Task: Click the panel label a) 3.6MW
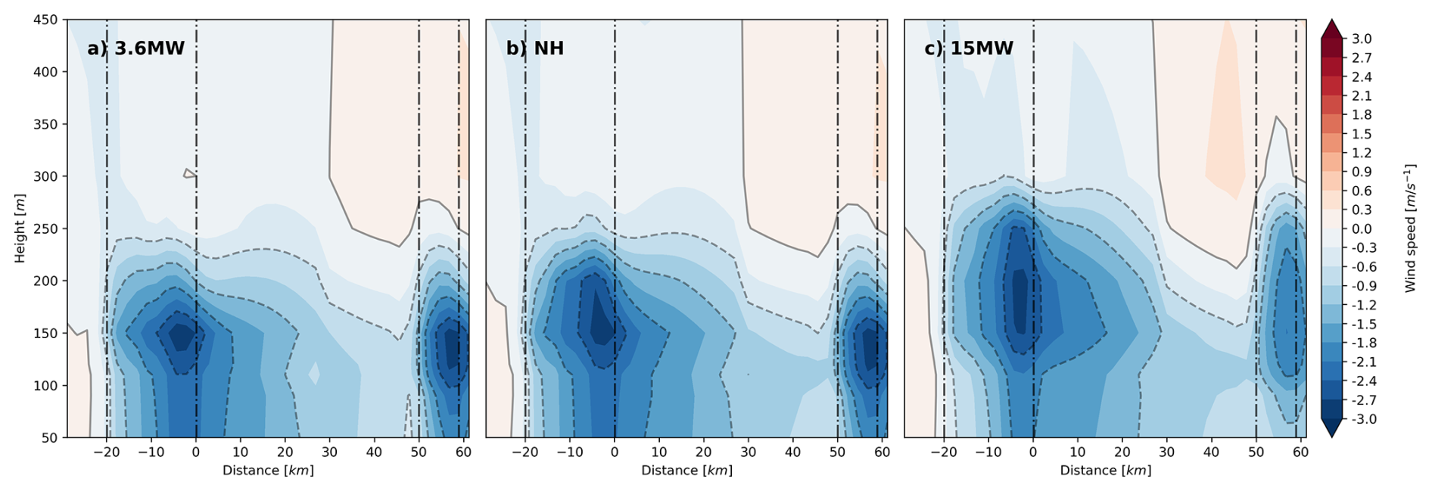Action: pyautogui.click(x=136, y=48)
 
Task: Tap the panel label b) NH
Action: pyautogui.click(x=535, y=48)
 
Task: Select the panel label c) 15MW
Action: pyautogui.click(x=969, y=48)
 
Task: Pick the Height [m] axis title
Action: pyautogui.click(x=20, y=228)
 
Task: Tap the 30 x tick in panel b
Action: pyautogui.click(x=748, y=452)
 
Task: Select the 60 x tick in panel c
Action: pyautogui.click(x=1300, y=452)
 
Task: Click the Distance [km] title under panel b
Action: pyautogui.click(x=686, y=471)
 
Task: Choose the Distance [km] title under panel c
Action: pyautogui.click(x=1105, y=471)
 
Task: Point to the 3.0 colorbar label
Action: pyautogui.click(x=1362, y=39)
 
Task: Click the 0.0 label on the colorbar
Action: pyautogui.click(x=1362, y=229)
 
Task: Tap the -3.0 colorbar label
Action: pyautogui.click(x=1363, y=420)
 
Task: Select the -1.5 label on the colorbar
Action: pyautogui.click(x=1363, y=325)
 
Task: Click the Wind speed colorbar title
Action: pyautogui.click(x=1410, y=228)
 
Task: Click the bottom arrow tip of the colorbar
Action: pyautogui.click(x=1332, y=437)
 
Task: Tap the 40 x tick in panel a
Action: pyautogui.click(x=374, y=452)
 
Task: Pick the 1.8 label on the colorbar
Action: pyautogui.click(x=1362, y=115)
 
